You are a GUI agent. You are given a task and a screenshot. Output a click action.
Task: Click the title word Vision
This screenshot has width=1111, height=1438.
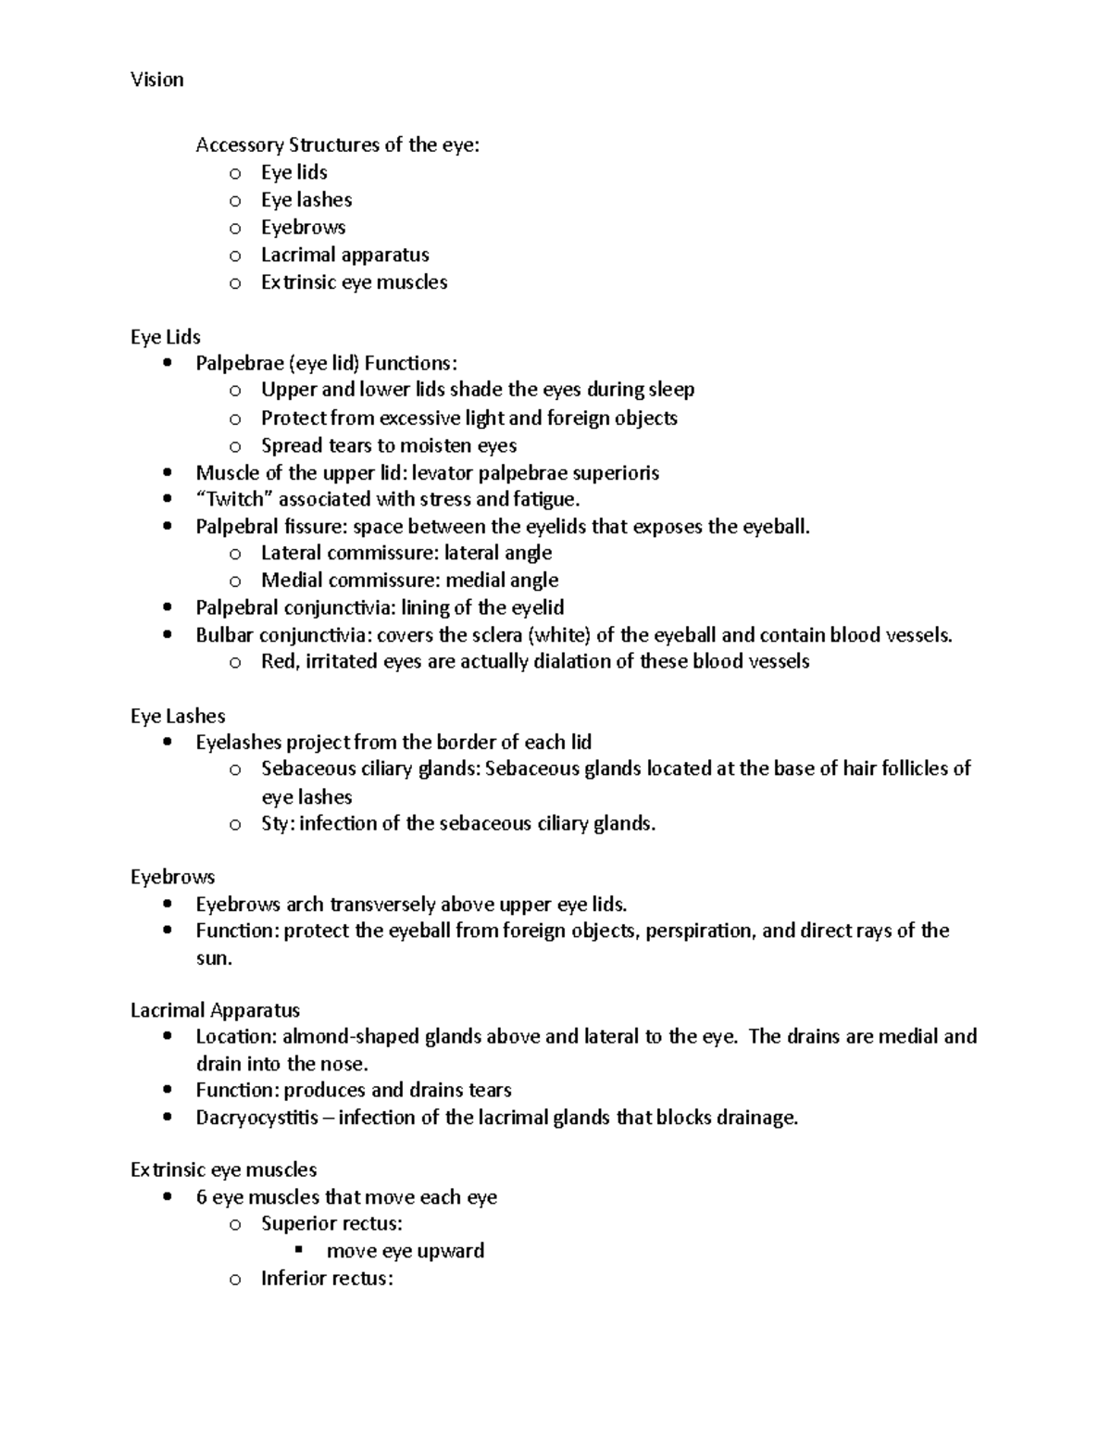[156, 80]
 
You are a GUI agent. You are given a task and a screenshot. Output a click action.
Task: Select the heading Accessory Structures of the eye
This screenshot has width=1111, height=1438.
[337, 144]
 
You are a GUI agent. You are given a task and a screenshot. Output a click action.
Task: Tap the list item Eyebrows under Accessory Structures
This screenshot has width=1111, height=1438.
[303, 227]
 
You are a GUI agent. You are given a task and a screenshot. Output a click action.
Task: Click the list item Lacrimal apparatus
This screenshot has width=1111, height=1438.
[344, 255]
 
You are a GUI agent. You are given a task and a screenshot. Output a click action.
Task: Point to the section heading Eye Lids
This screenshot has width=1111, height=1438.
[166, 337]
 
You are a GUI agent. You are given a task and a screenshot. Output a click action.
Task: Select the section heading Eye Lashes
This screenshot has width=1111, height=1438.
[178, 716]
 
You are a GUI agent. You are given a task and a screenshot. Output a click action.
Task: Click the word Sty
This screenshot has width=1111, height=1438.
[275, 823]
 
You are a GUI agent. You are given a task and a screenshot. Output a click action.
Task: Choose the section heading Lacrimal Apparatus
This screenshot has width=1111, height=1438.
[215, 1010]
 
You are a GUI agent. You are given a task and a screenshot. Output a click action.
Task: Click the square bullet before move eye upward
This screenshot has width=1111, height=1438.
[298, 1250]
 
